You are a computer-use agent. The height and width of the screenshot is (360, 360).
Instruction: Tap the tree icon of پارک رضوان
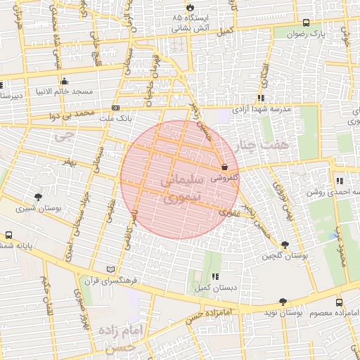[x=305, y=22]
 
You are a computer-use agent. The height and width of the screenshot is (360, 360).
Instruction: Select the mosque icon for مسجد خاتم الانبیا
[x=65, y=81]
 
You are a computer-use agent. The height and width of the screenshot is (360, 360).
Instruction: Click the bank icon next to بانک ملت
[x=115, y=108]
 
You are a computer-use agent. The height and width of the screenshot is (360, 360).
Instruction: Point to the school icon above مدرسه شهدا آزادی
[x=261, y=98]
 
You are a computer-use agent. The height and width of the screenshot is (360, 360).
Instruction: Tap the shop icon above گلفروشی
[x=224, y=167]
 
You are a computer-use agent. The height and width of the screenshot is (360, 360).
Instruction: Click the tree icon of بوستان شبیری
[x=37, y=198]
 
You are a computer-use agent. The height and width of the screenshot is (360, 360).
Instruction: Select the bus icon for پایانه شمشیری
[x=8, y=236]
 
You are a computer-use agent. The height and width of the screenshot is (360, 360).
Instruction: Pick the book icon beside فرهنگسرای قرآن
[x=110, y=269]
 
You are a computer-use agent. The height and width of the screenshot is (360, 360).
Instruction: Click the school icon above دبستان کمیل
[x=214, y=277]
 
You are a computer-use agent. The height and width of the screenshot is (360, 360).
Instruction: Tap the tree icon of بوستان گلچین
[x=284, y=244]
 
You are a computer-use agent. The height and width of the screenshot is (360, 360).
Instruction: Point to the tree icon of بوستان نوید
[x=283, y=302]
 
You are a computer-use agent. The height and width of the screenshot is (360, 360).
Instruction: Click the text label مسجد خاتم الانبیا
[x=65, y=92]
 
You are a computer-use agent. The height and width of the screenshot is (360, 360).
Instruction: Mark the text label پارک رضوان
[x=311, y=33]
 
